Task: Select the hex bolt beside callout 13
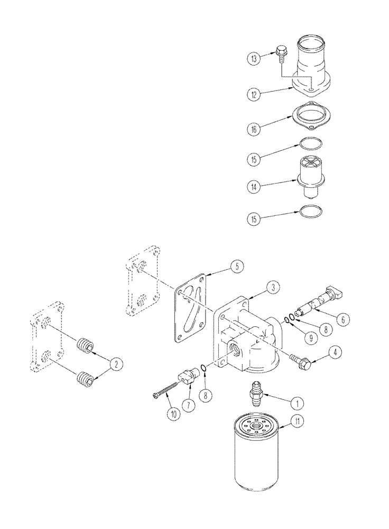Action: click(x=281, y=52)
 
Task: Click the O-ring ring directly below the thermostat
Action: click(x=310, y=212)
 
